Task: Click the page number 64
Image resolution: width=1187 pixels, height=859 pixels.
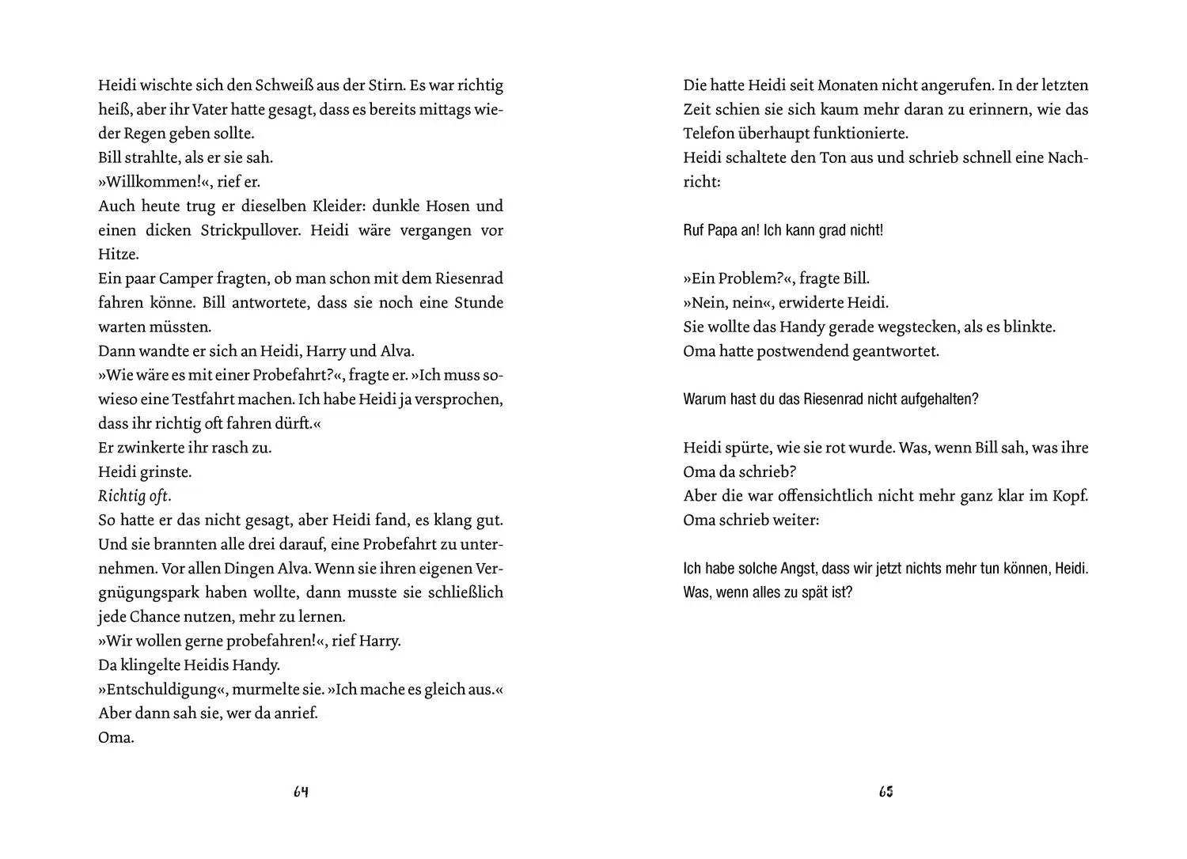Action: [301, 792]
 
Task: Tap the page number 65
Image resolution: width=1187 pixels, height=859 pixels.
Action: [886, 792]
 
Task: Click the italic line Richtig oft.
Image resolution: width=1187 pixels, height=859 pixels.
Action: [135, 496]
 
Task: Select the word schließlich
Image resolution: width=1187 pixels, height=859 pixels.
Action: [460, 592]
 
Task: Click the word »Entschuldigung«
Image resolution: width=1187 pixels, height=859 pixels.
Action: [163, 689]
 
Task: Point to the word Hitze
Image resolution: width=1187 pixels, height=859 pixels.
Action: [119, 255]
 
